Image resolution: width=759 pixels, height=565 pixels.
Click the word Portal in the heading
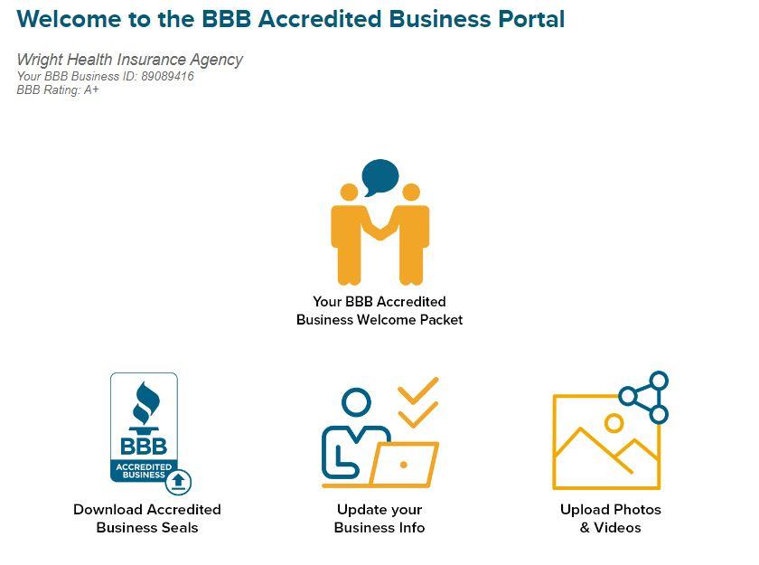point(528,19)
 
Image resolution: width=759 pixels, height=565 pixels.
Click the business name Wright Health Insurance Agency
point(129,60)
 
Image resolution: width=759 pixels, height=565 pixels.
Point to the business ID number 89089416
point(167,76)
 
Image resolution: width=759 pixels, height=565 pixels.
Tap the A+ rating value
point(91,89)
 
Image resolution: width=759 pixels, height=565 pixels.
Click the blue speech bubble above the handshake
point(379,175)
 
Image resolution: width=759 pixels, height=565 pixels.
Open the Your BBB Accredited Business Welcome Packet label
point(379,310)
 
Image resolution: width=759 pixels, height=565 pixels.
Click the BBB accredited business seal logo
point(145,427)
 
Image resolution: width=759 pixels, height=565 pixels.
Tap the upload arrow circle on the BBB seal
point(181,480)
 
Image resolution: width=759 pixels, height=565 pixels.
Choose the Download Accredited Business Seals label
point(147,518)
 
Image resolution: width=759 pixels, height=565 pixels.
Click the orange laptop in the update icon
point(404,465)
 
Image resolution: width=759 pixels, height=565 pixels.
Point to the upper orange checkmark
point(417,390)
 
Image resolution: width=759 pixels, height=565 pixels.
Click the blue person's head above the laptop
point(357,402)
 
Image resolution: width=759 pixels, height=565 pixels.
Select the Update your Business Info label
point(379,518)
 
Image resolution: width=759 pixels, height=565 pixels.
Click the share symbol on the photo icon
point(645,397)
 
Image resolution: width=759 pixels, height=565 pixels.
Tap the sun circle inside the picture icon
point(614,422)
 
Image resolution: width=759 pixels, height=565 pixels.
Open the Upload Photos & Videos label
point(611,518)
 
